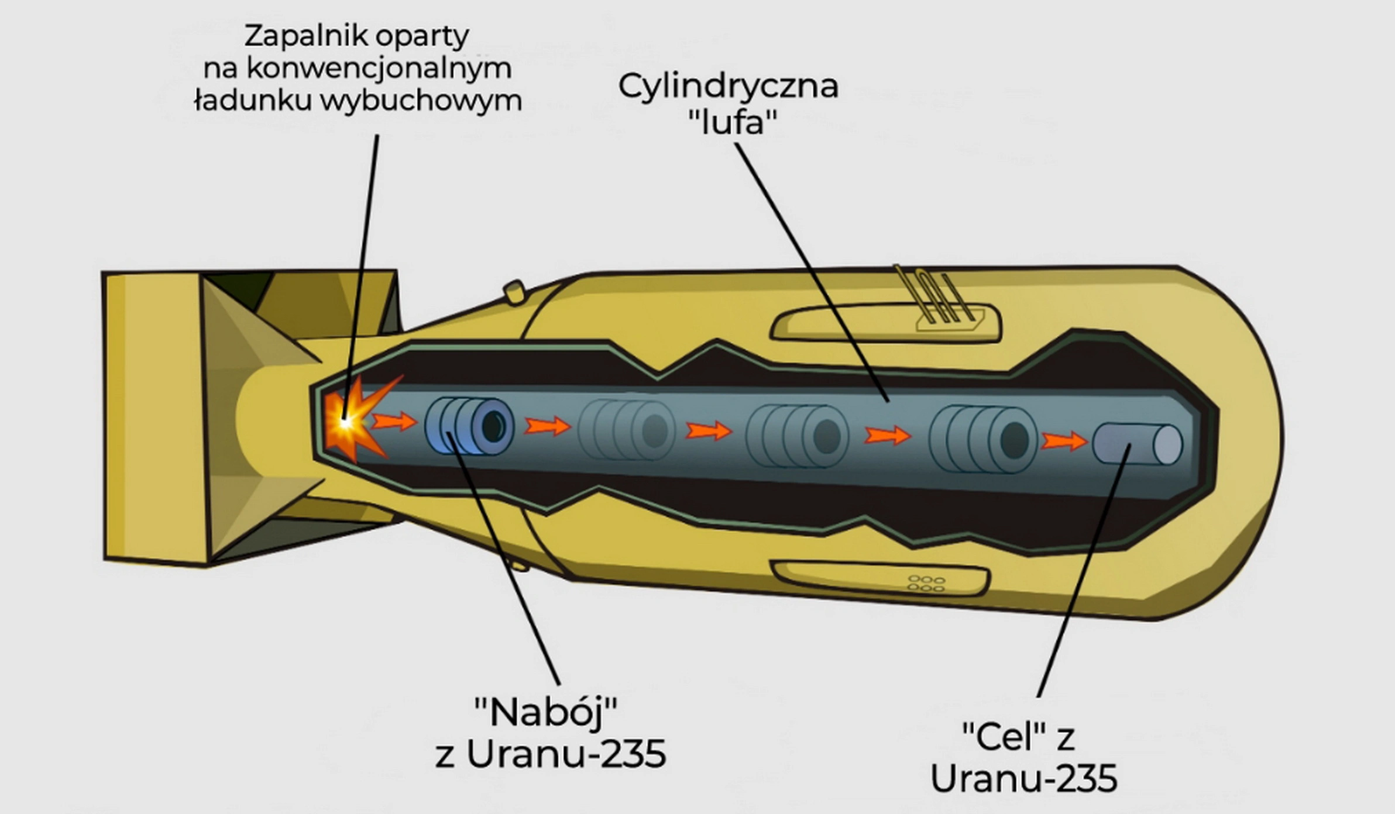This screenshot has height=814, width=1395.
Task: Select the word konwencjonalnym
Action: (379, 69)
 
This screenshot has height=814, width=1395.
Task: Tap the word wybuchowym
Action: (421, 101)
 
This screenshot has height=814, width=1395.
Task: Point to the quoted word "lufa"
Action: (732, 122)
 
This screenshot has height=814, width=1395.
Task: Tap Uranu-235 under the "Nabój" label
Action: (566, 754)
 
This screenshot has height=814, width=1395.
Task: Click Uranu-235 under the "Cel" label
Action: (1024, 778)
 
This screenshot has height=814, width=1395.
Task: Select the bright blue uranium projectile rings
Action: (469, 426)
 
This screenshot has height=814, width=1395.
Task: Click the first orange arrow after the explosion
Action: (394, 420)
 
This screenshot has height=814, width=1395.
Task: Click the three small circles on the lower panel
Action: (926, 583)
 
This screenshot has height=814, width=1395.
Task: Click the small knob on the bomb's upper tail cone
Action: (515, 292)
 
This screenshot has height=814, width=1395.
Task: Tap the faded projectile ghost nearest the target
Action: (983, 439)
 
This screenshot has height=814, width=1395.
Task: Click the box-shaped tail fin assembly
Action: (252, 418)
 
